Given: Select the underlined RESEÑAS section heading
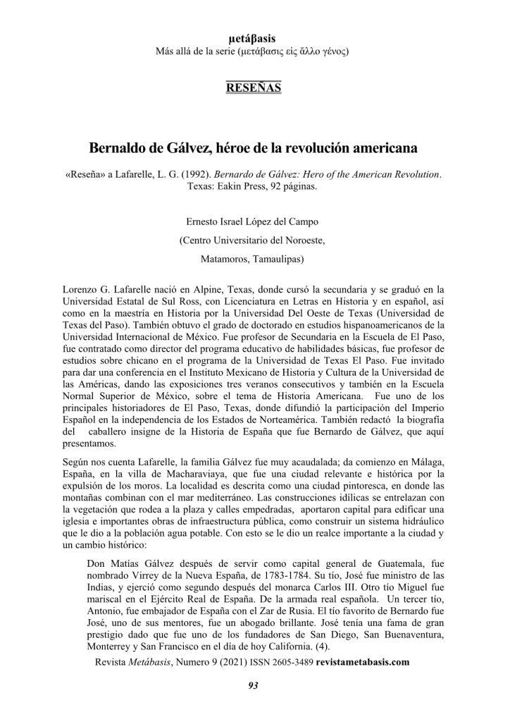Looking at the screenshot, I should tap(254, 88).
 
